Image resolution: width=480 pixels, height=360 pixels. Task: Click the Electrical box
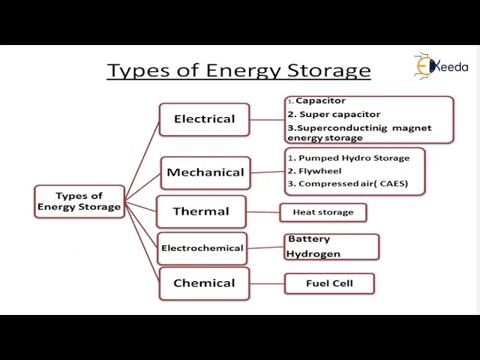coord(204,119)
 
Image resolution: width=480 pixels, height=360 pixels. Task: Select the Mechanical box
coord(205,172)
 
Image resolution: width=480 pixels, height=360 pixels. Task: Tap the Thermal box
coord(201,211)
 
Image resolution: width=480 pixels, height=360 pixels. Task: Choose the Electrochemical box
coord(202,248)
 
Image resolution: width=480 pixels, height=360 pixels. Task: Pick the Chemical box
coord(204,283)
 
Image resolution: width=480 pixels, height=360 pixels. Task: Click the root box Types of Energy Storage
coord(79,202)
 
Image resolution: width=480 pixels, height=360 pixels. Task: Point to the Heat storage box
coord(322,212)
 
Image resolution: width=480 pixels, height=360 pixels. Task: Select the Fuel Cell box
coord(329,283)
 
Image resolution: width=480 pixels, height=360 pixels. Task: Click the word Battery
coord(309,239)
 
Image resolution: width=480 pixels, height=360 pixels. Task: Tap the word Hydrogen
coord(313,254)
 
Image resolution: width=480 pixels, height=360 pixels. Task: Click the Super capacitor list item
coord(334,115)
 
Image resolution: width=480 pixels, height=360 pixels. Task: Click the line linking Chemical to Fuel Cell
coord(267,283)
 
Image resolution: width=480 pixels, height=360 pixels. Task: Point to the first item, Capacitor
coord(320,100)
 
